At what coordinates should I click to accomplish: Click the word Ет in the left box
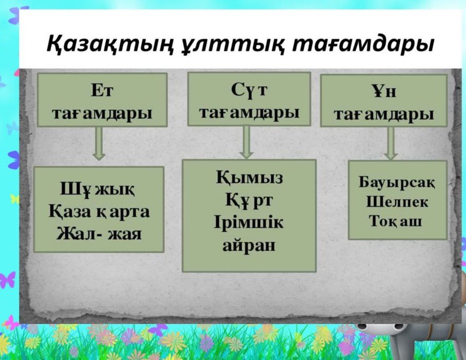(x=102, y=90)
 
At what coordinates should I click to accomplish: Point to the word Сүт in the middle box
(x=249, y=90)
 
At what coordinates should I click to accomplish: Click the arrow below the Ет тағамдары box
(x=99, y=143)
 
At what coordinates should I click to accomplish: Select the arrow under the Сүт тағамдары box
(x=247, y=142)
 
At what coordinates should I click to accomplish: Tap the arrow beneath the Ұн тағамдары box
(x=391, y=143)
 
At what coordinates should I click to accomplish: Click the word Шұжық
(x=98, y=189)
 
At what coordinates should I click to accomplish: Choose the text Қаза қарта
(x=99, y=212)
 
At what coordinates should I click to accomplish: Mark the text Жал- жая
(x=99, y=234)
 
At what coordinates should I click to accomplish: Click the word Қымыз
(x=249, y=178)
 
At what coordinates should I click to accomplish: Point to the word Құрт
(x=249, y=200)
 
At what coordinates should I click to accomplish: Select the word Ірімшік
(x=249, y=223)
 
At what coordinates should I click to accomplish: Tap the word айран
(x=249, y=245)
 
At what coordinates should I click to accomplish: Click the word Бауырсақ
(x=397, y=182)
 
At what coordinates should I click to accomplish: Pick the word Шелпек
(x=397, y=202)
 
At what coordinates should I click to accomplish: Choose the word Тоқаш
(x=395, y=221)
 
